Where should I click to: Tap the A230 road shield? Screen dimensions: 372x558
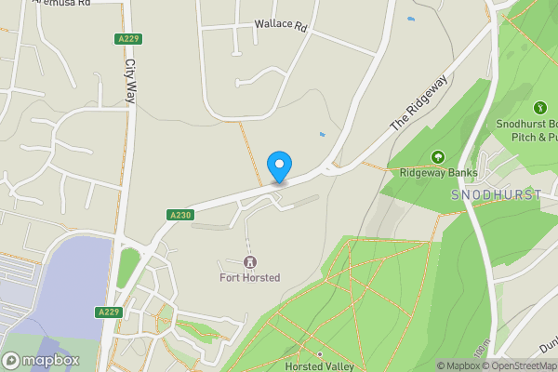(180, 215)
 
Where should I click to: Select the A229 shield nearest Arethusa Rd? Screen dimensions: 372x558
(128, 38)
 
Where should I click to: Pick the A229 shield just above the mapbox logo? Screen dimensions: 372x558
(109, 312)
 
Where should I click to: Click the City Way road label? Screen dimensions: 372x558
(129, 88)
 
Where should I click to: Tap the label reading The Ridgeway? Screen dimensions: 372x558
(418, 101)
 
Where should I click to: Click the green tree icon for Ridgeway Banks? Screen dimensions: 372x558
(438, 157)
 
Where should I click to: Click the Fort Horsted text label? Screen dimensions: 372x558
(249, 277)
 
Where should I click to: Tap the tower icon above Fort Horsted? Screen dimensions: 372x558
(249, 262)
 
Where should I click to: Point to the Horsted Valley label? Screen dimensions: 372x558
(319, 366)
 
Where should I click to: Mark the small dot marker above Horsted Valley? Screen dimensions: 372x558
(319, 354)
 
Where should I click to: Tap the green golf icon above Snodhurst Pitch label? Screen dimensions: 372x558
(538, 109)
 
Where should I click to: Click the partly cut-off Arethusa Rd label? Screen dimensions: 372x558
(60, 4)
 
